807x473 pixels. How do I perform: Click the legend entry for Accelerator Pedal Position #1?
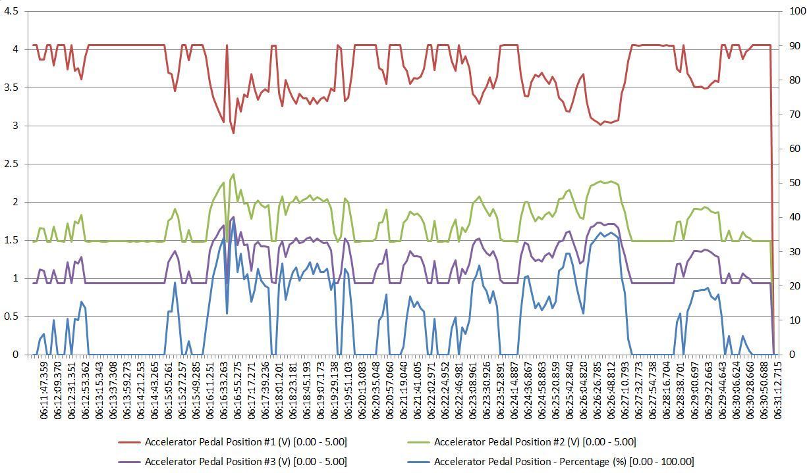click(245, 442)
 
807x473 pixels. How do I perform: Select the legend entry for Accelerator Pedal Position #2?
click(534, 442)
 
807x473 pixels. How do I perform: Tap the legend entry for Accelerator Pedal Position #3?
click(245, 462)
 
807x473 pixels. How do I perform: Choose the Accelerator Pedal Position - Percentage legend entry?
click(563, 462)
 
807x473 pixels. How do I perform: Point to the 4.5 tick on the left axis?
click(11, 12)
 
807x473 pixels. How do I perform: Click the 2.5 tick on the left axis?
click(11, 164)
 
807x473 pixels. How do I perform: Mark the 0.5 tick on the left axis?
click(11, 316)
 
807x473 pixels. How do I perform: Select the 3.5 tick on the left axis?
click(11, 87)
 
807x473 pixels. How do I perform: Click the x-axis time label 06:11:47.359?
click(44, 392)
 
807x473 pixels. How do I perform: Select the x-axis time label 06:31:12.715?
click(777, 392)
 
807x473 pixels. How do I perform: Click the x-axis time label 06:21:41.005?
click(418, 392)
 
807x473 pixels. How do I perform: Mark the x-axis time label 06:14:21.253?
click(141, 392)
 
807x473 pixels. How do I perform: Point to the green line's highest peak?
click(233, 174)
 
